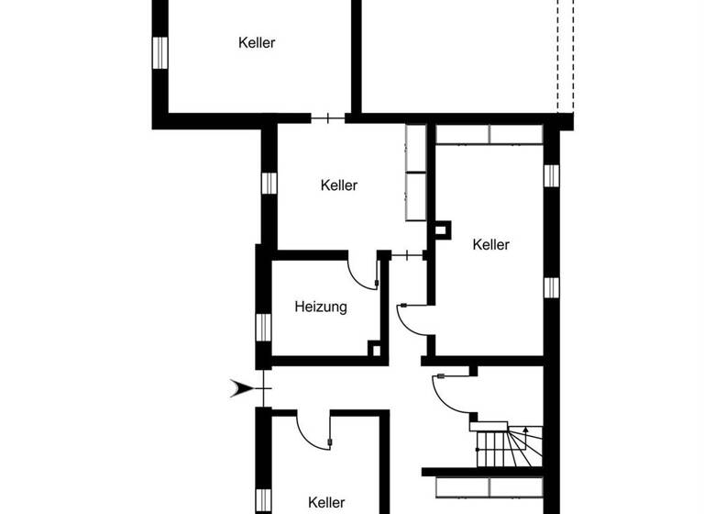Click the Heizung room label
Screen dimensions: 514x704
tap(320, 307)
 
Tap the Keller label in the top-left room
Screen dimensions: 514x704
tap(257, 42)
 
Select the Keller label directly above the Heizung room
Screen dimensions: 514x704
tap(338, 185)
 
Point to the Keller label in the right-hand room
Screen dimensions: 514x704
tap(490, 244)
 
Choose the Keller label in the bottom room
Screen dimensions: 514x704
tap(326, 502)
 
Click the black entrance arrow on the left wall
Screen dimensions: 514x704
tap(241, 389)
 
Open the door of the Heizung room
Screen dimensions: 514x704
tap(363, 273)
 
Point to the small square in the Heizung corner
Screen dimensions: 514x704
tap(373, 349)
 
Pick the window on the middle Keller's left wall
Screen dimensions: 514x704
tap(269, 182)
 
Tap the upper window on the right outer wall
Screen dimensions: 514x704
tap(551, 175)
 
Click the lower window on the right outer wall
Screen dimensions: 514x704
tap(551, 287)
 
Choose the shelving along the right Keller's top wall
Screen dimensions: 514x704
tap(489, 134)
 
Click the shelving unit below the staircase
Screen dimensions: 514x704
tap(489, 486)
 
